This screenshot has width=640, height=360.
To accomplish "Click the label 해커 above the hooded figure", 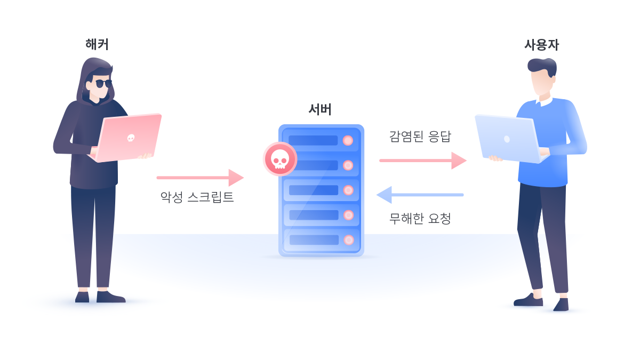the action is click(97, 44).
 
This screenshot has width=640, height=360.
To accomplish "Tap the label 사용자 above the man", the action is click(541, 45).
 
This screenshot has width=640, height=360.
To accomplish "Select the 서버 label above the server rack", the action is click(320, 109).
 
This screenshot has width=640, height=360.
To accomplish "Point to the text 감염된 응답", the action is click(420, 137).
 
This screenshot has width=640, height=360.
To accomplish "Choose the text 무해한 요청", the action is click(420, 218).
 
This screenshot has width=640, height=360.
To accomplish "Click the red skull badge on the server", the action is click(280, 159).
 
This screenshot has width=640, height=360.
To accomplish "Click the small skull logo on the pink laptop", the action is click(131, 138).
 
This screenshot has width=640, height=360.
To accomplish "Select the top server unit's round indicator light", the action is click(348, 140).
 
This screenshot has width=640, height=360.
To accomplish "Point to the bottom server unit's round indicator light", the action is click(349, 240).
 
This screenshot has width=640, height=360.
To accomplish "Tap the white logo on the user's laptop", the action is click(507, 139).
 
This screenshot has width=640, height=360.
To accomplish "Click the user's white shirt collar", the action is click(545, 100).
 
